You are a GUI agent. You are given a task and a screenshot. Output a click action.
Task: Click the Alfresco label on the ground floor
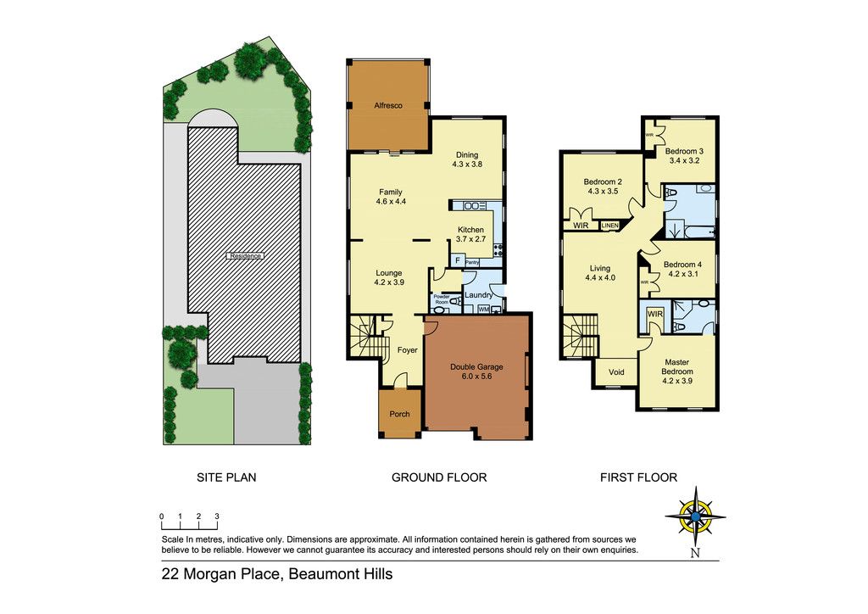[x=388, y=105]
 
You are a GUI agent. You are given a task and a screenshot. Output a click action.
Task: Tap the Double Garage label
[x=476, y=366]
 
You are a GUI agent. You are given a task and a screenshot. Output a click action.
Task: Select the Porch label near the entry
[x=400, y=414]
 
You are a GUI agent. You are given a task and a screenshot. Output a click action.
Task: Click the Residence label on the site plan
[x=246, y=256]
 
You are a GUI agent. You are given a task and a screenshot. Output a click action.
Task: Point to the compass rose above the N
[x=695, y=516]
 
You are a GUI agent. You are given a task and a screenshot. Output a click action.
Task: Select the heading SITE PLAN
[x=226, y=477]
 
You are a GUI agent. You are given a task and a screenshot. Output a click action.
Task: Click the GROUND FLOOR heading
[x=439, y=477]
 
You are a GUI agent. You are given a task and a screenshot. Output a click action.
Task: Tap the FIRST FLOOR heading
[x=639, y=477]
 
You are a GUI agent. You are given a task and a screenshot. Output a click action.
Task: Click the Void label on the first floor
[x=616, y=372]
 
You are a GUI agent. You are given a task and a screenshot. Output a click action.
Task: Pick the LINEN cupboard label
[x=609, y=226]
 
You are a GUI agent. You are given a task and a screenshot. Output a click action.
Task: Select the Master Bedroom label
[x=677, y=367]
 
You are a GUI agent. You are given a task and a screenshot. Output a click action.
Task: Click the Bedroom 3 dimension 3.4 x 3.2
[x=684, y=160]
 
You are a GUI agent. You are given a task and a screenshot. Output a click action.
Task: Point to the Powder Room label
[x=441, y=299]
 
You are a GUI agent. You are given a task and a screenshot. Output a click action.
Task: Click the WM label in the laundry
[x=484, y=309]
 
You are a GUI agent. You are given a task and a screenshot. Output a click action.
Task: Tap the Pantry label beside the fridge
[x=472, y=262]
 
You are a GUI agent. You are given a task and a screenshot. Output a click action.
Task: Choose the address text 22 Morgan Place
[x=220, y=574]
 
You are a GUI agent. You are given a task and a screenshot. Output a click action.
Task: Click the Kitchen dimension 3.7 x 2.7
[x=470, y=239]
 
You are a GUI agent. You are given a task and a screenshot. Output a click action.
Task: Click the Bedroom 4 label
[x=682, y=264]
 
